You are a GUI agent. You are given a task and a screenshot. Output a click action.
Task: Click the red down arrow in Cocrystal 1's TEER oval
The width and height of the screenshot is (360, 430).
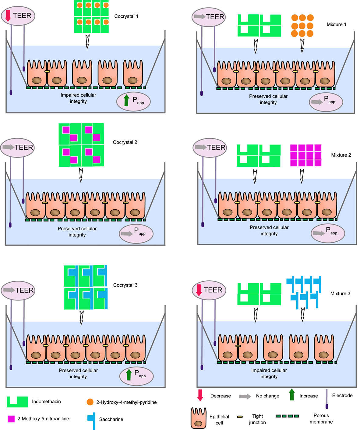[8, 16]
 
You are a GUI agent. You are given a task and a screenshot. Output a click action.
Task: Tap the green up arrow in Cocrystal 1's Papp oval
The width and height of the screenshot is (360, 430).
[127, 100]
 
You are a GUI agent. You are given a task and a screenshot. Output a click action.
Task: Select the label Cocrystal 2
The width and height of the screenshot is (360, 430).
[125, 142]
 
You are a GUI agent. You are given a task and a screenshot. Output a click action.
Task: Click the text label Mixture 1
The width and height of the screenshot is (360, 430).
[336, 24]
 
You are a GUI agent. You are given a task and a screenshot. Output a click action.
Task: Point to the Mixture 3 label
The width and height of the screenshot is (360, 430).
[340, 293]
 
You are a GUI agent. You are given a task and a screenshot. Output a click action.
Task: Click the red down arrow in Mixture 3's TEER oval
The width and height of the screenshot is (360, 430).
[199, 290]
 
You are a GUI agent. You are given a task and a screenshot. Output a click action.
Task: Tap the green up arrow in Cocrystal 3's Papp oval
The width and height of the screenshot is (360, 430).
[129, 375]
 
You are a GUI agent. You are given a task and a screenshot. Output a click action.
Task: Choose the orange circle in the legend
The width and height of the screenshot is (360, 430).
[90, 402]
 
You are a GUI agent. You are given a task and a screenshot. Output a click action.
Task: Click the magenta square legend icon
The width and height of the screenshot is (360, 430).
[11, 419]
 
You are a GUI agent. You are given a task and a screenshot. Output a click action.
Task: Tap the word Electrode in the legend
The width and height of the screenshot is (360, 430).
[342, 395]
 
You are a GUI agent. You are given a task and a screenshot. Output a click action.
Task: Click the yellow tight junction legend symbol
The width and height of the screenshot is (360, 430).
[240, 416]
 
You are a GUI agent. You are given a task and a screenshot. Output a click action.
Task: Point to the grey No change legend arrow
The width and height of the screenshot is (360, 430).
[245, 396]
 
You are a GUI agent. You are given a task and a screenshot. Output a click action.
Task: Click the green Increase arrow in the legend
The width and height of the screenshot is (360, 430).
[292, 395]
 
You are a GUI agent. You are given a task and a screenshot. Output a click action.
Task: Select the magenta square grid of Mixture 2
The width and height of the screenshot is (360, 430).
[305, 155]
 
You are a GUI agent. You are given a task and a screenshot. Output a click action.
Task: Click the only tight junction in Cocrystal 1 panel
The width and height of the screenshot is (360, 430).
[47, 72]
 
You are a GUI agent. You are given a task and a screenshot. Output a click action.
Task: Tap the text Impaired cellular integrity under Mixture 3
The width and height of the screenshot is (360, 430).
[269, 373]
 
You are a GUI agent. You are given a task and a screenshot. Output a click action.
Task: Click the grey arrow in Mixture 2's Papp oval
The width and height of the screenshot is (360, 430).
[319, 233]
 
